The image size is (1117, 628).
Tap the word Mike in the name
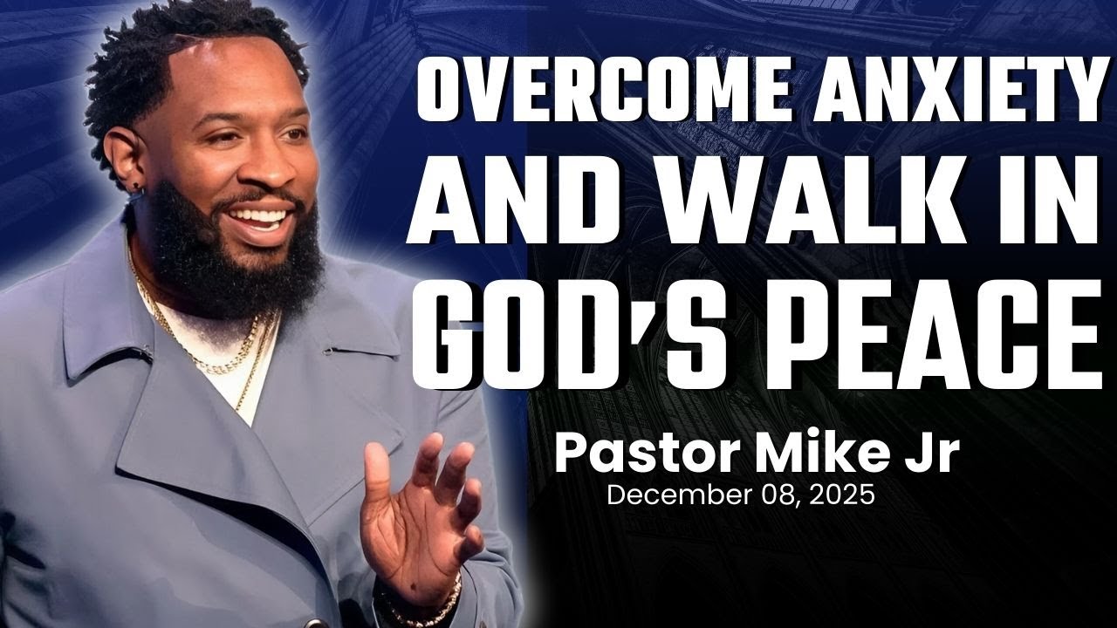tap(816, 454)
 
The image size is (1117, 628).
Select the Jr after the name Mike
tap(929, 454)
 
